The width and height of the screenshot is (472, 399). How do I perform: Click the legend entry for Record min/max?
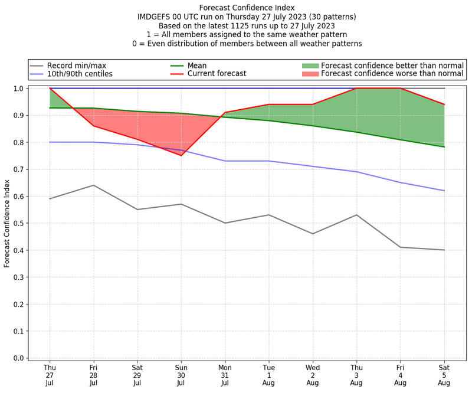[76, 66]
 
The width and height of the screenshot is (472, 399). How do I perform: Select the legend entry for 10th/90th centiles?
[80, 74]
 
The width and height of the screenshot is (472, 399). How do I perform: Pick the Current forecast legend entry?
[217, 74]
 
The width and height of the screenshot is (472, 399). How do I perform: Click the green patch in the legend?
[310, 66]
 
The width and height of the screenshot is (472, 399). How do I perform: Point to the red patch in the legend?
[310, 74]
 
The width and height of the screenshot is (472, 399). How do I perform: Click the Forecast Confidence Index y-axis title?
[8, 223]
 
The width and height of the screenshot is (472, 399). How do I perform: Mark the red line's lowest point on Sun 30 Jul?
[181, 155]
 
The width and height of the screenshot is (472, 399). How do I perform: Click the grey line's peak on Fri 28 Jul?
[93, 185]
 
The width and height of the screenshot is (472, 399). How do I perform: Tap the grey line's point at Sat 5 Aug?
[444, 250]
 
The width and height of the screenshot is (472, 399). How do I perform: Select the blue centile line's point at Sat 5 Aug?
[444, 191]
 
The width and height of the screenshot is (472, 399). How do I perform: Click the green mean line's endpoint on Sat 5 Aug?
[444, 147]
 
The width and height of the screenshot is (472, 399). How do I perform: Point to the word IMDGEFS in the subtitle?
[155, 17]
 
